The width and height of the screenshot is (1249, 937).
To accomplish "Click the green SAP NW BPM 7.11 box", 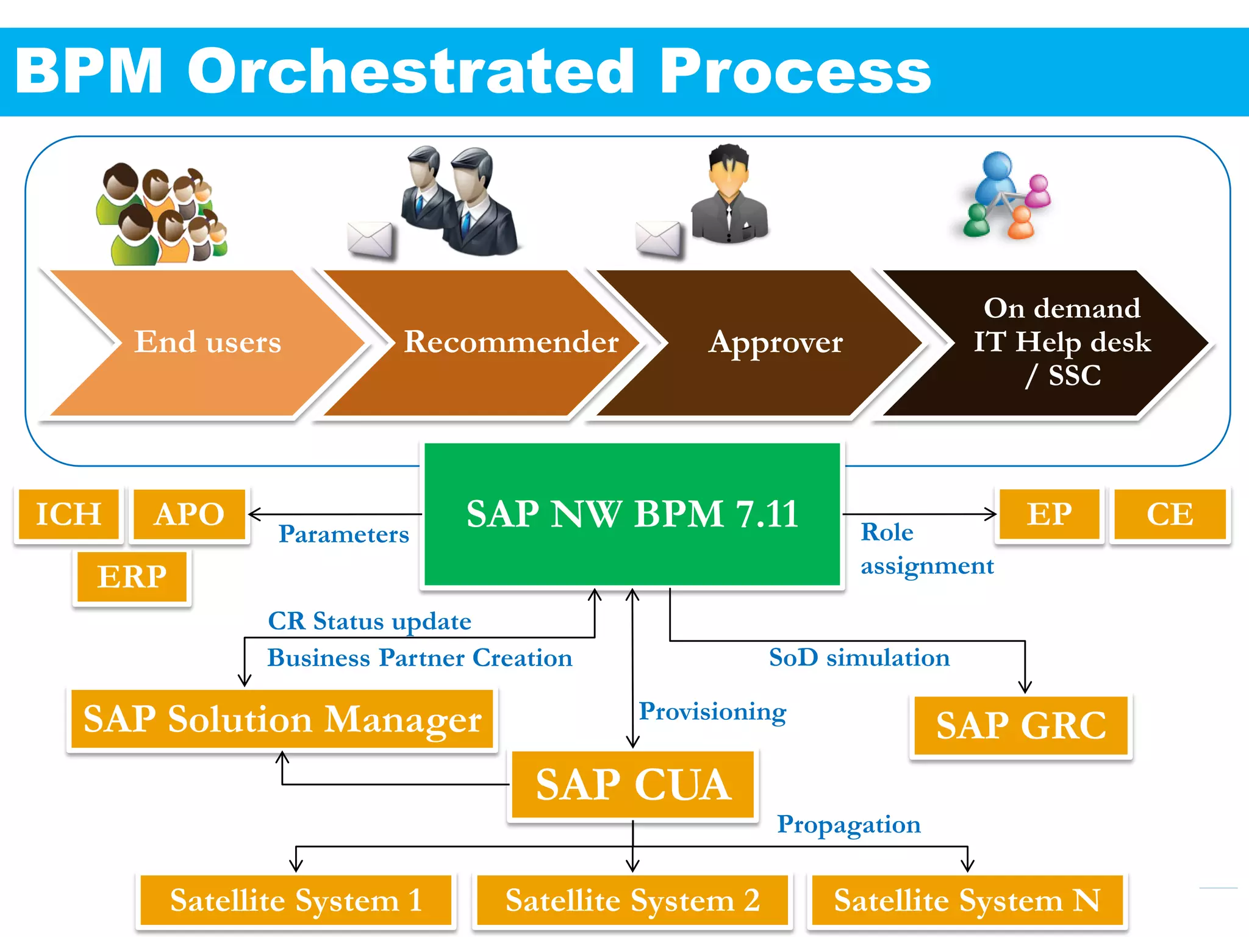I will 632,514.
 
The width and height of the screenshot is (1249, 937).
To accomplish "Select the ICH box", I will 68,514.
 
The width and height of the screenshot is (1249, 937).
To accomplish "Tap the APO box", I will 189,514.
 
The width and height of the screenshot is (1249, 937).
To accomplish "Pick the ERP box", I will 132,577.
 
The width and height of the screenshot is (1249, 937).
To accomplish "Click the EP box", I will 1049,514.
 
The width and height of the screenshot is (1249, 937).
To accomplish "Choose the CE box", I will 1170,514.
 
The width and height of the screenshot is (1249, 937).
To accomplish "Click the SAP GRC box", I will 1021,726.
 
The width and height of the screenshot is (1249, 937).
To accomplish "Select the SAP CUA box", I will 633,784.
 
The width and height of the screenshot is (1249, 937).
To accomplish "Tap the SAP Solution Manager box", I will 282,719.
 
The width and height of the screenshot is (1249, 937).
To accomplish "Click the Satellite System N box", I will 967,900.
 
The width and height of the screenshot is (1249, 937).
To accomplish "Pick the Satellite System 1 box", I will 296,900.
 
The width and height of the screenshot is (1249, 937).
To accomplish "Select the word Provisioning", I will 712,712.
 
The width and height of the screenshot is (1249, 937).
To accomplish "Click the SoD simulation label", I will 859,658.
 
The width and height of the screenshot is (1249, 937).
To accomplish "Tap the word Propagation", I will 848,825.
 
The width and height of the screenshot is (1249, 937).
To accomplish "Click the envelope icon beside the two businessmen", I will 370,240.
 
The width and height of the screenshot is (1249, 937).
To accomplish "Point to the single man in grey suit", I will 729,195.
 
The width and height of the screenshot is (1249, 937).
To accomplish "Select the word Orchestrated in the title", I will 411,72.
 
